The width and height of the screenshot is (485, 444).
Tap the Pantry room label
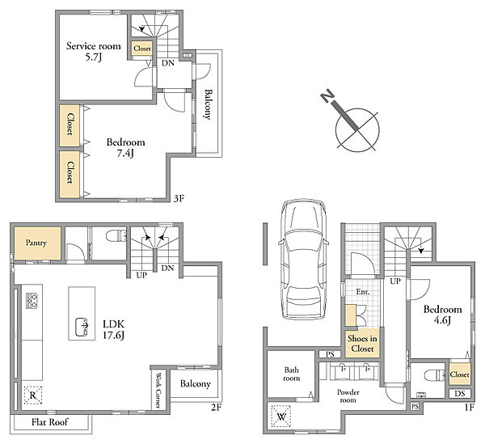(36, 243)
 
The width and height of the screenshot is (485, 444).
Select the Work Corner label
(158, 390)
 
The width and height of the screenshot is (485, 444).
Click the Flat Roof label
(49, 422)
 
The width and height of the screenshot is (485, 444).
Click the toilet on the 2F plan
(116, 236)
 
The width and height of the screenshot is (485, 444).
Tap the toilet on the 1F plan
(434, 375)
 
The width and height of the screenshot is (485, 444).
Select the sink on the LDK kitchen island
(82, 327)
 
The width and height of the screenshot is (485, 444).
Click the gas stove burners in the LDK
(32, 300)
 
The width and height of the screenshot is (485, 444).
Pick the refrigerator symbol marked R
(32, 395)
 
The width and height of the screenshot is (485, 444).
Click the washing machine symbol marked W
(280, 417)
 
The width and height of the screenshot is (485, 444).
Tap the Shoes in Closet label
(362, 344)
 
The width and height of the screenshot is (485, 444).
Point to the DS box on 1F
(460, 394)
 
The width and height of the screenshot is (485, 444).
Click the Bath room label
(292, 374)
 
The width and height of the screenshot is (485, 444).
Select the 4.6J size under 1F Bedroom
(442, 320)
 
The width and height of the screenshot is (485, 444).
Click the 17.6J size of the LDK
(113, 335)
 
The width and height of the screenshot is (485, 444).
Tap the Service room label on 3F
(94, 46)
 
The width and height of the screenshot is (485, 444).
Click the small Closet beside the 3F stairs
(142, 49)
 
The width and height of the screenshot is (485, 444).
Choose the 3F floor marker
(179, 198)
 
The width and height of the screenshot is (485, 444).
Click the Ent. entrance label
(362, 291)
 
